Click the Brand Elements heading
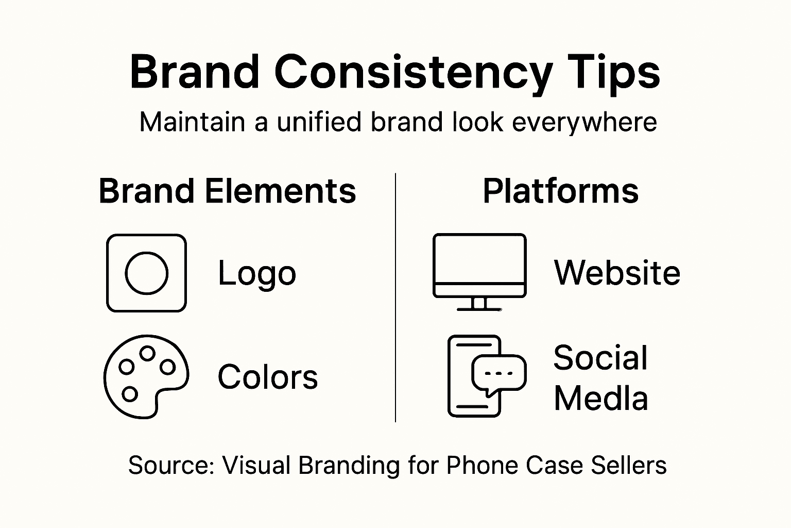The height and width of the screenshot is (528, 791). click(227, 191)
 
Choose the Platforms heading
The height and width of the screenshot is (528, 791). click(560, 191)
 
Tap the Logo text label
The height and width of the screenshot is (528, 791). click(257, 273)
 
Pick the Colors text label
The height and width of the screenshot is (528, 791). click(267, 376)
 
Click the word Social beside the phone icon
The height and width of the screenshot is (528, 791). click(600, 357)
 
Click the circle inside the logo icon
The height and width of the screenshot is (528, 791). click(147, 273)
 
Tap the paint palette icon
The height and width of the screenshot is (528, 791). click(146, 376)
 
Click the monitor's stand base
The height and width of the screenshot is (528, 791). click(479, 308)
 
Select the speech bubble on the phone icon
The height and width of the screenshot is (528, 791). click(498, 373)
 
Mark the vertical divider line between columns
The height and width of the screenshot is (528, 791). click(395, 298)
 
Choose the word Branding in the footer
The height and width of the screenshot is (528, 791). click(349, 465)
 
